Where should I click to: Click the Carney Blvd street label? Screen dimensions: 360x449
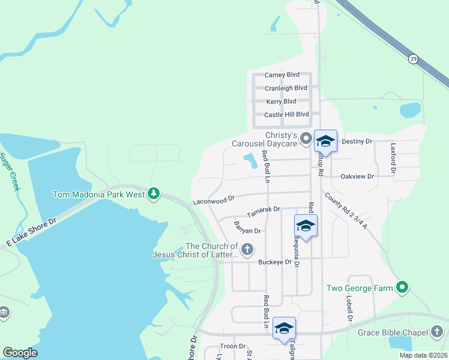tap(282, 74)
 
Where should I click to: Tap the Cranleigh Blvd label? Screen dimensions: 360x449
tap(286, 88)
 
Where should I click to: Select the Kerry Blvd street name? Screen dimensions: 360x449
tap(281, 101)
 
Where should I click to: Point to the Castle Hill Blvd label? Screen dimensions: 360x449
tap(286, 114)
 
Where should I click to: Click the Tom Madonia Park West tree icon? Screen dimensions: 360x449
tap(155, 193)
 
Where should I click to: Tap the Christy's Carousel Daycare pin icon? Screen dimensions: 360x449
tap(306, 140)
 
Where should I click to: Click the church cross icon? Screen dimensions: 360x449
tap(247, 249)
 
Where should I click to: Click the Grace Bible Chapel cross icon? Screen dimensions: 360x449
tap(437, 332)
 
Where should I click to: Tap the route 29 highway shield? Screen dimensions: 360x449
tap(413, 59)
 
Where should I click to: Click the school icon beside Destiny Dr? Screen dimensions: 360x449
tap(325, 142)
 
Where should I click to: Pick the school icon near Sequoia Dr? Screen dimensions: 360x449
tap(306, 226)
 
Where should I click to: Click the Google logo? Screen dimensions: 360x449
tap(20, 353)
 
